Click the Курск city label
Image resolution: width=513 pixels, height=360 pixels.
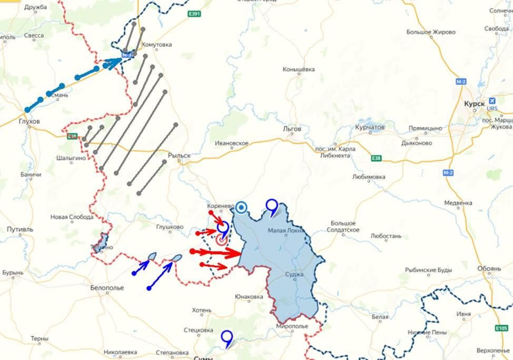474,104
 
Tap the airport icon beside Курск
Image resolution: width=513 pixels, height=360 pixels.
492,101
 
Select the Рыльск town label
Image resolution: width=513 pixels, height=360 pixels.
179,155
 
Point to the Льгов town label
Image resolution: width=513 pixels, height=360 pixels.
292,129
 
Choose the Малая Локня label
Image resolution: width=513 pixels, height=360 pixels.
285,230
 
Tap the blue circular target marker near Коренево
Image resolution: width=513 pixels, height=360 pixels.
242,208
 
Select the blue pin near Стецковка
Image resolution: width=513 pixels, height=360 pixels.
227,337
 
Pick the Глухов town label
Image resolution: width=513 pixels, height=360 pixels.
28,121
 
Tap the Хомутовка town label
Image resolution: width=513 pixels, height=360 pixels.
156,45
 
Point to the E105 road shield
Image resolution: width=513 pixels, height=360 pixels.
502,328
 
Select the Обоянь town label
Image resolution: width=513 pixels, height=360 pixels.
489,269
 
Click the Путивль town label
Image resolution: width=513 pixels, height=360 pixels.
20,230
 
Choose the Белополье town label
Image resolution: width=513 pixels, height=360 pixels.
107,288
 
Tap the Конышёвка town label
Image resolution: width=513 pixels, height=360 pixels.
299,69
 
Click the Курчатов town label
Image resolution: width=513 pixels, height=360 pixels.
370,128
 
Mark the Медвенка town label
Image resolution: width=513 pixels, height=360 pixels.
458,203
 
